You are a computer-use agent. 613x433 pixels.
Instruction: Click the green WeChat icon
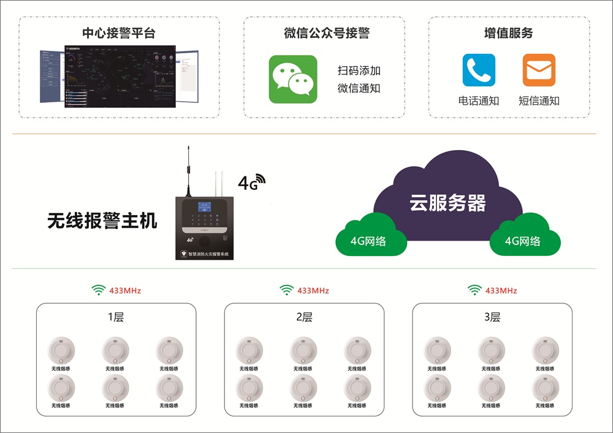(x=293, y=79)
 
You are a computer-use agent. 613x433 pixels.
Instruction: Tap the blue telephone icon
(x=478, y=70)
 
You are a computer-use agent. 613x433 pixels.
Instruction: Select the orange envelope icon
(x=539, y=70)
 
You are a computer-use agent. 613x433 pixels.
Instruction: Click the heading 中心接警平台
(x=119, y=33)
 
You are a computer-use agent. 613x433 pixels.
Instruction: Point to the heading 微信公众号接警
(x=327, y=33)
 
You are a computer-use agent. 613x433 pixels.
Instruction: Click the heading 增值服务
(x=508, y=33)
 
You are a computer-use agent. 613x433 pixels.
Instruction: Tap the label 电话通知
(x=478, y=101)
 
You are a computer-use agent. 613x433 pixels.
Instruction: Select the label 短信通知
(x=539, y=101)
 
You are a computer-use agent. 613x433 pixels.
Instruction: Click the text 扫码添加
(x=359, y=70)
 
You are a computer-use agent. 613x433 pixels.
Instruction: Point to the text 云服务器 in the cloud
(x=447, y=203)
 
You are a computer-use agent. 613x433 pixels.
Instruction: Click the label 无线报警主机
(x=102, y=220)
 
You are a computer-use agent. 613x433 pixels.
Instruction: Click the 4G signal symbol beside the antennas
(x=251, y=182)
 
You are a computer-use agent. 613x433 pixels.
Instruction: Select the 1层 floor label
(x=116, y=317)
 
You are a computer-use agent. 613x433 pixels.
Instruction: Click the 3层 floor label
(x=492, y=317)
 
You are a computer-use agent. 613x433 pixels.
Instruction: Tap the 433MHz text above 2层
(x=313, y=290)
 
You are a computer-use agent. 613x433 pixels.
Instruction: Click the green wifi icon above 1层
(x=98, y=290)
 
